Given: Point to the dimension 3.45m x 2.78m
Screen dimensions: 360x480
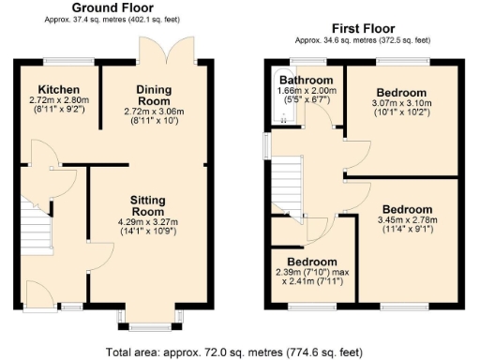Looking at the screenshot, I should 407,219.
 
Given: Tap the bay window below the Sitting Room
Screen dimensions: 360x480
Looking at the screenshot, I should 143,322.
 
